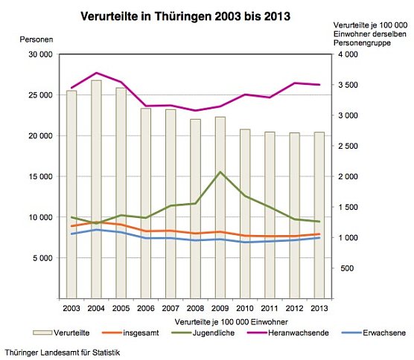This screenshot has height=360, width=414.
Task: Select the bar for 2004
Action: tap(96, 186)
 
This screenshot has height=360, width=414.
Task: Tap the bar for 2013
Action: tap(319, 216)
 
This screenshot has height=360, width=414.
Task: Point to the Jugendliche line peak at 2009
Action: tap(220, 172)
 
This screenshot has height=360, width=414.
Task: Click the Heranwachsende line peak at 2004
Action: tap(96, 73)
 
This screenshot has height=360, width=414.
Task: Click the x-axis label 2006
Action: tap(145, 307)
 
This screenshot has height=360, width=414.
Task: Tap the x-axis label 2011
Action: tap(269, 307)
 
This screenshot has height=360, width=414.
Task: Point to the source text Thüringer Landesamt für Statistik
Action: tap(62, 350)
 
